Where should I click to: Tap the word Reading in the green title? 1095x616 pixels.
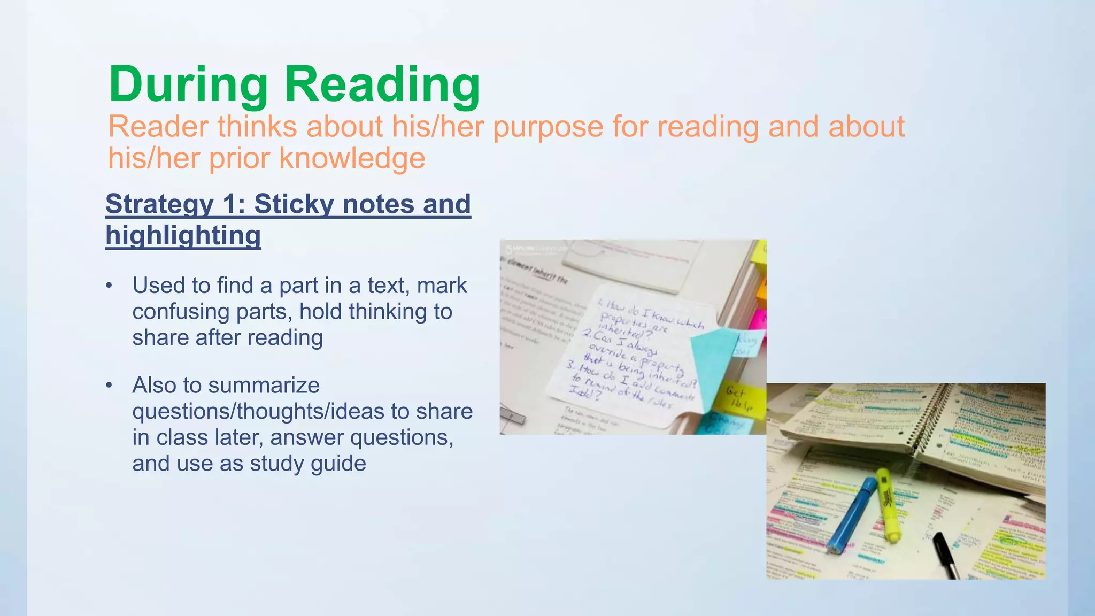click(x=382, y=85)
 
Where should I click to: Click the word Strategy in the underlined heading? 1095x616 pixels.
click(x=159, y=204)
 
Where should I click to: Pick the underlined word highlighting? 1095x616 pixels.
click(x=183, y=235)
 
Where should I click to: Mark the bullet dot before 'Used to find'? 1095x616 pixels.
click(x=110, y=286)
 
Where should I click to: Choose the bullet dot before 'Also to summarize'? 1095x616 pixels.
click(x=110, y=385)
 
